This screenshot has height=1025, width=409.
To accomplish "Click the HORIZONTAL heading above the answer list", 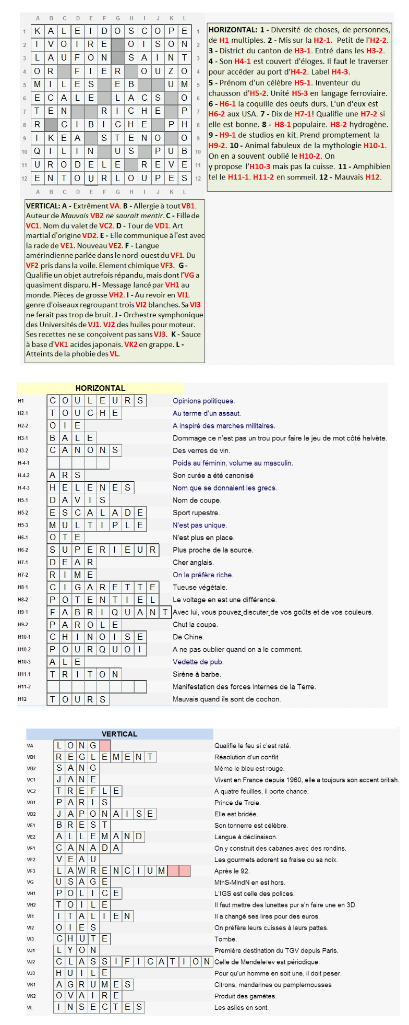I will point(100,388).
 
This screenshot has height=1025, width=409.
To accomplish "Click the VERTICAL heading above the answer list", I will point(119,734).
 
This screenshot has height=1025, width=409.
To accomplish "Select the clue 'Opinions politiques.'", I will point(203,401).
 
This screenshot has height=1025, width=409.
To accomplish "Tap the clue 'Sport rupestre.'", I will point(196,513).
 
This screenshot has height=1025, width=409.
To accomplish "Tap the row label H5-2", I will point(23,513).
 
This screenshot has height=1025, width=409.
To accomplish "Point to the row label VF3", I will point(31,871).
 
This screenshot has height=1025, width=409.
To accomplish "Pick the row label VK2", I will point(31,996).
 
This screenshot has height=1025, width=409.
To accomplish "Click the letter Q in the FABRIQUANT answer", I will point(115,612).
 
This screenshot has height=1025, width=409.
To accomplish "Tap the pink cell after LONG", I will point(105,746).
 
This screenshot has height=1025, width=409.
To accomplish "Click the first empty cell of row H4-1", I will point(53,463).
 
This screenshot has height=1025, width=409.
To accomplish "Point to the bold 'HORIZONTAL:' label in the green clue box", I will point(233,30).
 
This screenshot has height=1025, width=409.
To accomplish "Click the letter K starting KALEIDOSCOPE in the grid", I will point(38,31).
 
